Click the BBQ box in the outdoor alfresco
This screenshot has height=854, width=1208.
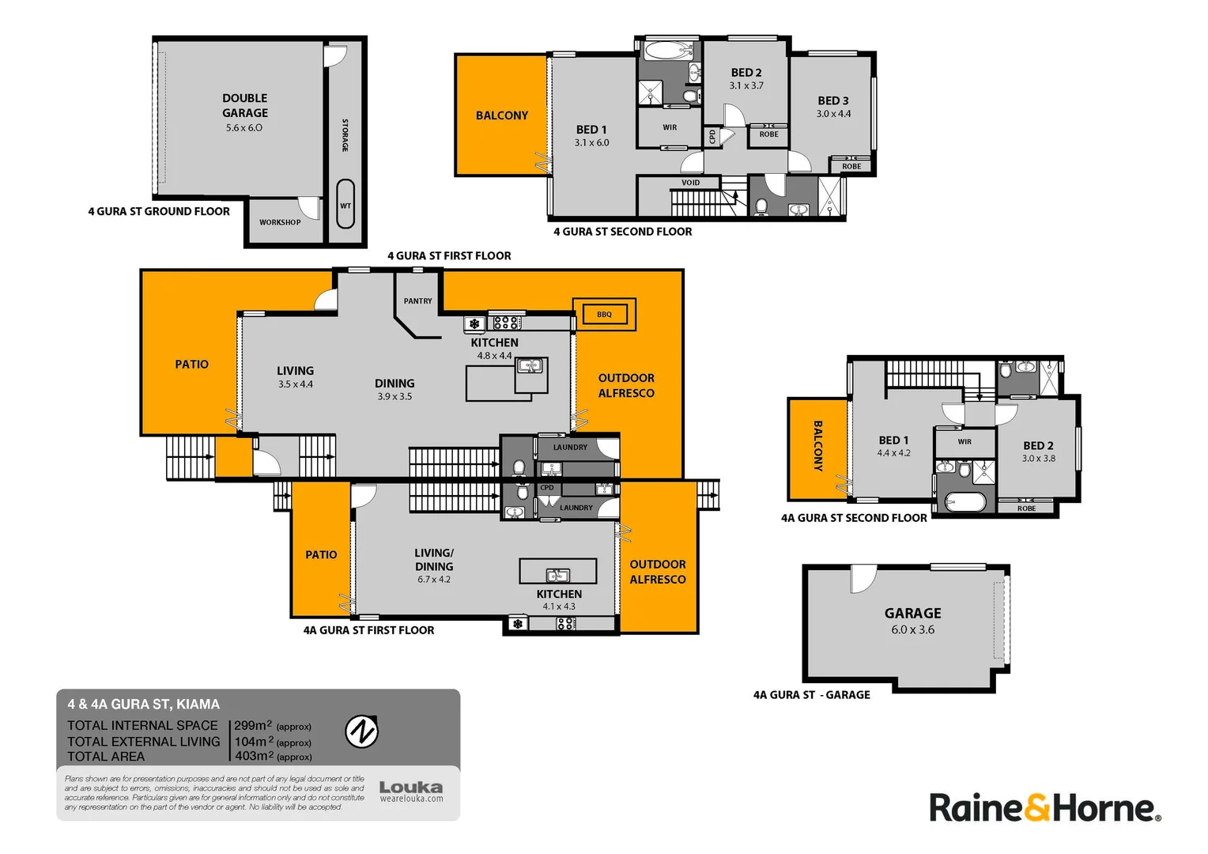[x=604, y=315]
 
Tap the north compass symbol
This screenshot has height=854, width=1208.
[x=361, y=731]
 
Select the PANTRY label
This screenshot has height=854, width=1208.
[x=418, y=301]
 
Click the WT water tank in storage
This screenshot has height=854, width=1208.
[x=345, y=204]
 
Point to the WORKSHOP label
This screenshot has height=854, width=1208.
[x=280, y=222]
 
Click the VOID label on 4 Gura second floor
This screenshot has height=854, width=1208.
[x=691, y=183]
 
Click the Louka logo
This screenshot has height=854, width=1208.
[x=411, y=791]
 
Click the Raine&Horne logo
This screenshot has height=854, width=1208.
[x=1045, y=808]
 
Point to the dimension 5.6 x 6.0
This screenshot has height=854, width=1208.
[x=244, y=128]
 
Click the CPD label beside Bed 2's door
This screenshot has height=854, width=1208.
[x=712, y=137]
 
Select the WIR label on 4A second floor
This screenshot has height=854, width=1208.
[x=965, y=442]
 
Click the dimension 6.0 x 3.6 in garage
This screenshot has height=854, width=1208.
[x=912, y=629]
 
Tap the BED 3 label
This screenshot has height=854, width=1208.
[x=833, y=101]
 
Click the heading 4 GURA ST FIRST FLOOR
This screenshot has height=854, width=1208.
[x=449, y=255]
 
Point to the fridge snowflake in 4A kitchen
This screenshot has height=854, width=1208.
[x=518, y=624]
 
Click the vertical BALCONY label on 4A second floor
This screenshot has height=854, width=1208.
[x=818, y=446]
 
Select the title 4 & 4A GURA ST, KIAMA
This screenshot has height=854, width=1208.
[x=143, y=704]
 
